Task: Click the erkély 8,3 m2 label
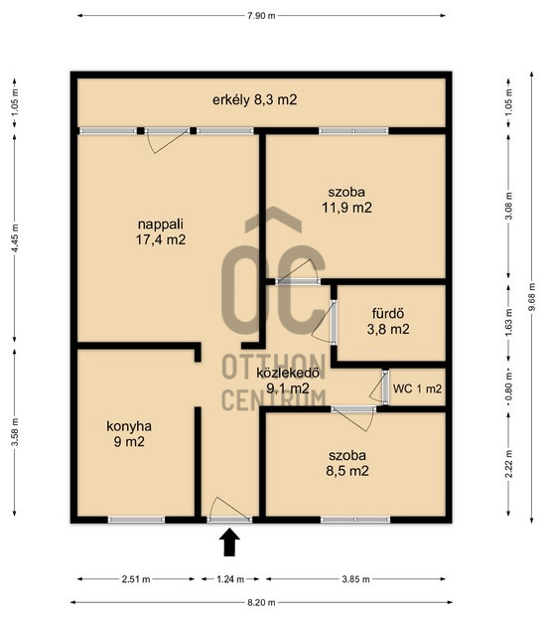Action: [x=255, y=100]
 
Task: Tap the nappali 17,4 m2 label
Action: [x=161, y=232]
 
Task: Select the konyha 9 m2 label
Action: [x=129, y=433]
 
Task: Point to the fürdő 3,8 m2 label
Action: [x=388, y=321]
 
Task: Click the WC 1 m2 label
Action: [x=417, y=388]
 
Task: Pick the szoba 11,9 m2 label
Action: [x=346, y=200]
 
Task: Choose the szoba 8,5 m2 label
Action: [x=347, y=463]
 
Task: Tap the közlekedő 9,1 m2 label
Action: [x=287, y=381]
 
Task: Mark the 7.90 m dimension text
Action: [x=261, y=16]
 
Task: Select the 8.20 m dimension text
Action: [x=261, y=602]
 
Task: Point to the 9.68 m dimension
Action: [x=532, y=297]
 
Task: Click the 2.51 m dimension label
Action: [x=136, y=579]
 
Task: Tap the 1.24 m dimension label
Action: [x=230, y=579]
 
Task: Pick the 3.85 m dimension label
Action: [x=355, y=579]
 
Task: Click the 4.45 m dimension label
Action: [x=15, y=238]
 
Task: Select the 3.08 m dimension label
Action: [x=508, y=207]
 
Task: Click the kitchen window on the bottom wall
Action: [x=136, y=520]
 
